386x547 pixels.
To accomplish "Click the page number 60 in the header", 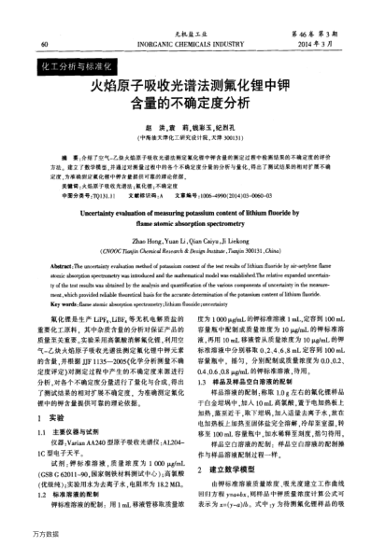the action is (44, 45).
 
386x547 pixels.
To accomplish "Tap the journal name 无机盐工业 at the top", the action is (193, 33).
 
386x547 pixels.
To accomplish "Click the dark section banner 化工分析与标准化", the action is (79, 69).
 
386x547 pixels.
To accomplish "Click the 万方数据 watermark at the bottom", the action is (22, 537).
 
